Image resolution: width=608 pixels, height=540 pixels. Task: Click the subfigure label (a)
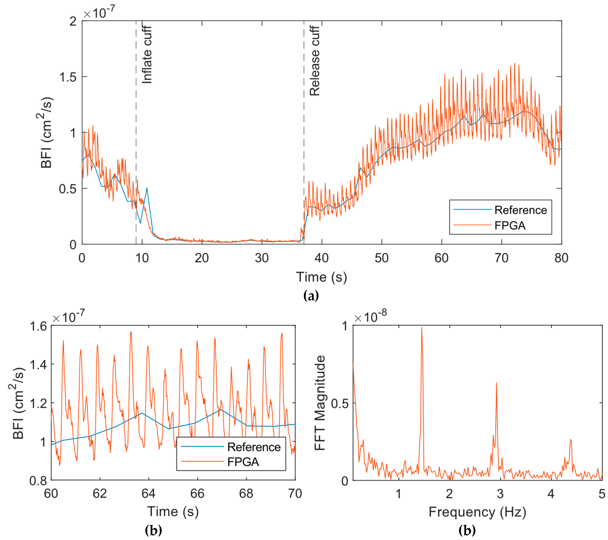pos(311,296)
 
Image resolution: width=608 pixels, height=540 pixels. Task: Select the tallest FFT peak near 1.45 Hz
pos(422,328)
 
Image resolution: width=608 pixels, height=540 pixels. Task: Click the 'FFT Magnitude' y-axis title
pos(320,403)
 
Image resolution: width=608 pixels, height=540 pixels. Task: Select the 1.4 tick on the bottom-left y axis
pos(38,364)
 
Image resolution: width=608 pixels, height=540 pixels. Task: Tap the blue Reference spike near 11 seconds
pos(147,188)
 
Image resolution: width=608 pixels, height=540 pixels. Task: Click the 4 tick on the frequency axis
pos(551,494)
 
